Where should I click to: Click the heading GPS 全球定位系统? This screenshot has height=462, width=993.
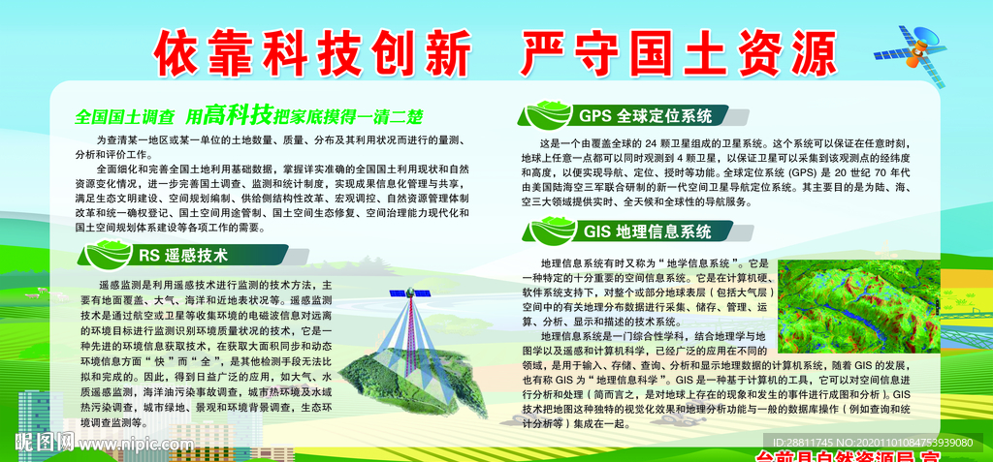(645, 116)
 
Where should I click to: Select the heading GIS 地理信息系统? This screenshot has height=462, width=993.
(648, 231)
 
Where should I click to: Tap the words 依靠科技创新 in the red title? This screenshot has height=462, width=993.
(307, 48)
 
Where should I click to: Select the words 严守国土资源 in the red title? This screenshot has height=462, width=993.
(678, 48)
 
